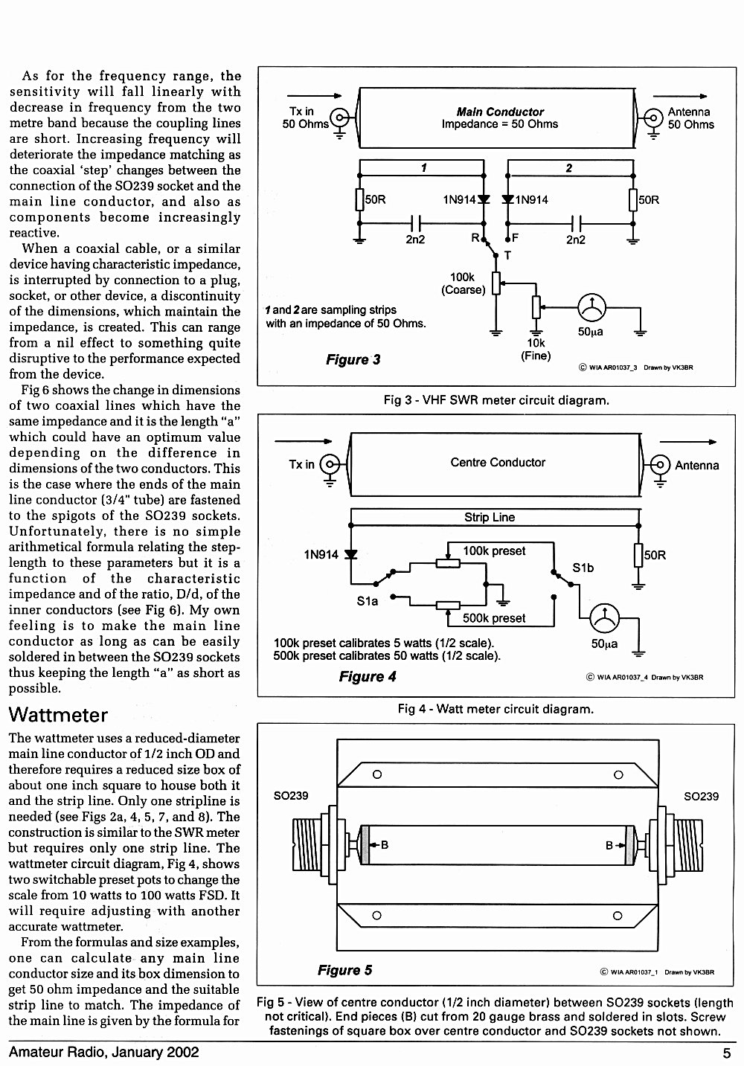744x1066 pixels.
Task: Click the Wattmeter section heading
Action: [58, 716]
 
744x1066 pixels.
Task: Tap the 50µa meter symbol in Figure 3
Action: [591, 307]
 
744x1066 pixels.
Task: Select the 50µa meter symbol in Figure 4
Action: [605, 618]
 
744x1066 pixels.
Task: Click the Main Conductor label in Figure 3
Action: [500, 112]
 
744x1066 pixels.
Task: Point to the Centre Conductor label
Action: [498, 462]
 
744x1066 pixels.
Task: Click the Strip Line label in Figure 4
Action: [490, 517]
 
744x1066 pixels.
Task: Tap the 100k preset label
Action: [494, 551]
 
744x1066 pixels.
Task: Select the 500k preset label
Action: [494, 618]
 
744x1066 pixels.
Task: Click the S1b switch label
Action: [583, 568]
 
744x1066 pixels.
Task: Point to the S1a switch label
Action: [367, 601]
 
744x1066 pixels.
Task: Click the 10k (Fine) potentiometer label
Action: [536, 350]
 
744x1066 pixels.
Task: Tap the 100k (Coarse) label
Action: [463, 283]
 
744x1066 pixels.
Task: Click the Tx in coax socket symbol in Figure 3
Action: [340, 117]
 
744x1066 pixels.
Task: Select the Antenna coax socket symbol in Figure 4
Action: [660, 464]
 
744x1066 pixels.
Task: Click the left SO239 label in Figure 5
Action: [290, 796]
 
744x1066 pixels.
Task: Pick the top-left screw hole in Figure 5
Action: [377, 774]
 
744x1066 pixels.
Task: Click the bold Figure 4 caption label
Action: [367, 677]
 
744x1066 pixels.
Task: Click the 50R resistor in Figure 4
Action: [638, 556]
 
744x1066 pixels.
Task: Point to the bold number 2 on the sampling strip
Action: [569, 168]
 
